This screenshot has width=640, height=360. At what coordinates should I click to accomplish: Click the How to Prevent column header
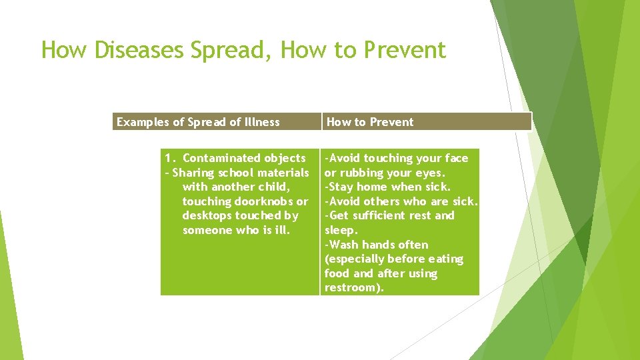tap(370, 122)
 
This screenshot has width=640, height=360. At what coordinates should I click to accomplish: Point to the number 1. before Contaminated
tap(171, 158)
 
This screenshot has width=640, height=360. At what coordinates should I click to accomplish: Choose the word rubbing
tap(360, 173)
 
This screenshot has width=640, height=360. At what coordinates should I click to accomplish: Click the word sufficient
tap(379, 216)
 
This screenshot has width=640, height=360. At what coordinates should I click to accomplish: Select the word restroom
tap(352, 288)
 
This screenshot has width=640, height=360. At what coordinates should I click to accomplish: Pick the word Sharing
tap(193, 173)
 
